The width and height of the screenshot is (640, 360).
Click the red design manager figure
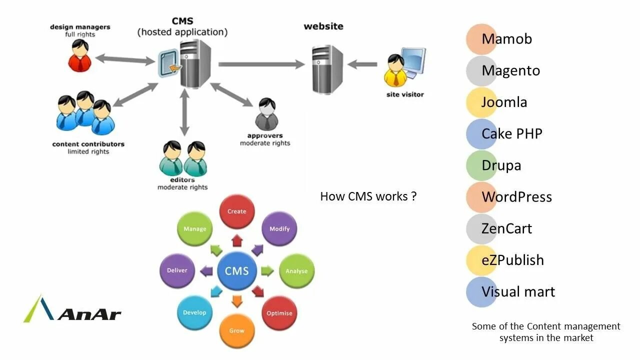pyautogui.click(x=79, y=55)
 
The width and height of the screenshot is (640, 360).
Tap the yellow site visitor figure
pyautogui.click(x=396, y=71)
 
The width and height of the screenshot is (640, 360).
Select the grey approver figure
pyautogui.click(x=267, y=114)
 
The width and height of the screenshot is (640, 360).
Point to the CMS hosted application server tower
pyautogui.click(x=195, y=64)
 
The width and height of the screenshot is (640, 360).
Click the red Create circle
pyautogui.click(x=237, y=211)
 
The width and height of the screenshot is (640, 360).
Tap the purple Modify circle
pyautogui.click(x=279, y=228)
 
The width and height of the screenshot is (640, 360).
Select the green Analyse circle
pyautogui.click(x=296, y=271)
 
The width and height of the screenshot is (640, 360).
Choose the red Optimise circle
pyautogui.click(x=279, y=313)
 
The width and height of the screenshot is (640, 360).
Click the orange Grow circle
pyautogui.click(x=237, y=330)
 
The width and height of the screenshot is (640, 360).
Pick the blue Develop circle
pyautogui.click(x=194, y=312)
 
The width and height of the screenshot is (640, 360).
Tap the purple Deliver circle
pyautogui.click(x=177, y=270)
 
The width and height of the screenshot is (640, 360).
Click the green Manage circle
pyautogui.click(x=194, y=228)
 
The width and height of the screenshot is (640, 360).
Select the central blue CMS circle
pyautogui.click(x=237, y=271)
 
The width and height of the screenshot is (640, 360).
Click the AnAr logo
pyautogui.click(x=72, y=308)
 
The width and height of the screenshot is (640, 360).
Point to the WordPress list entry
pyautogui.click(x=509, y=197)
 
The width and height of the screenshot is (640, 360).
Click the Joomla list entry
pyautogui.click(x=497, y=102)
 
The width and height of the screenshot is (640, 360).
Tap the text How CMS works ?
pyautogui.click(x=368, y=196)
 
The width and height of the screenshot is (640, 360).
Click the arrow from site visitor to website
pyautogui.click(x=362, y=64)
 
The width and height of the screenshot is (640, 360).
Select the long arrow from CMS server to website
pyautogui.click(x=261, y=64)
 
